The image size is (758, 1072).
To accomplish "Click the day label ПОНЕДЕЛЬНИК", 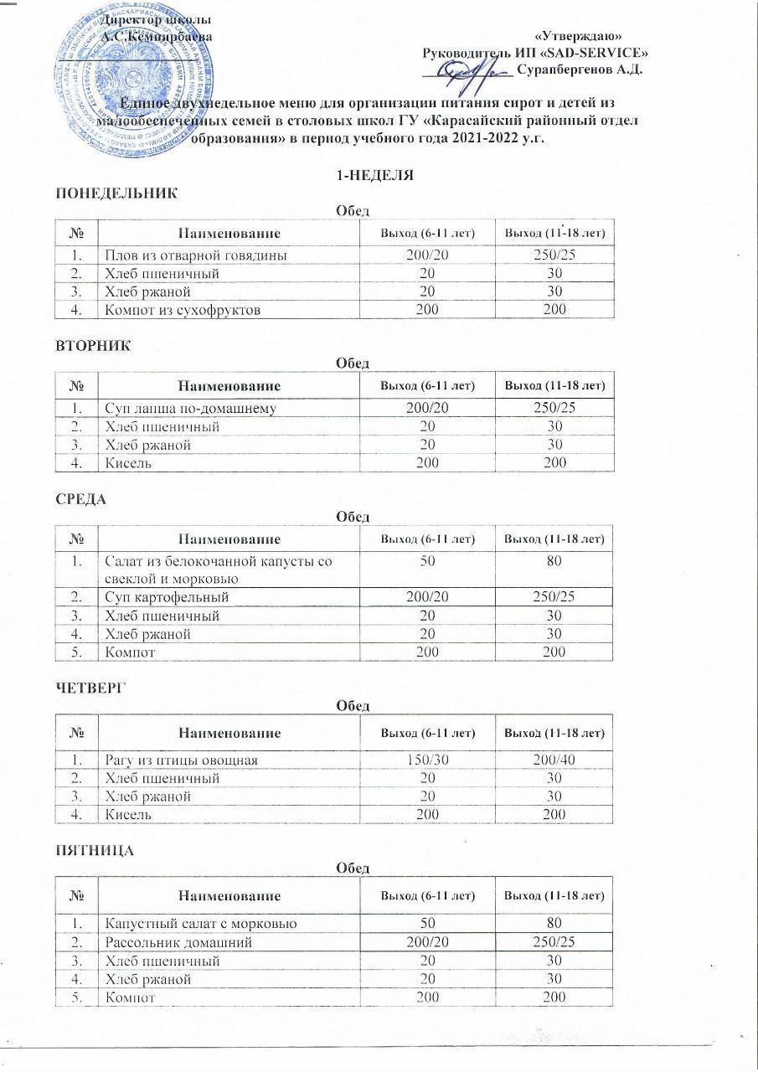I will (116, 193).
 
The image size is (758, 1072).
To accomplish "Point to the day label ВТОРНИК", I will (93, 346).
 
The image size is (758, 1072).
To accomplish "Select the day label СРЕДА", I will (81, 500).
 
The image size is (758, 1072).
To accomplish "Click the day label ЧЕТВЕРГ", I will (89, 688).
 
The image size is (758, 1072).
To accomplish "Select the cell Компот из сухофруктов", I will (182, 310).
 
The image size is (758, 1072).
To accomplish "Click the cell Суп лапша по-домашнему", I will (190, 409).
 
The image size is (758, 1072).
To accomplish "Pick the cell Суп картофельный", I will (166, 597).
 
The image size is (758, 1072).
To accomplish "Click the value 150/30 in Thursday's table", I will (427, 760).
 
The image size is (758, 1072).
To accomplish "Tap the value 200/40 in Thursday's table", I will (553, 760).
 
